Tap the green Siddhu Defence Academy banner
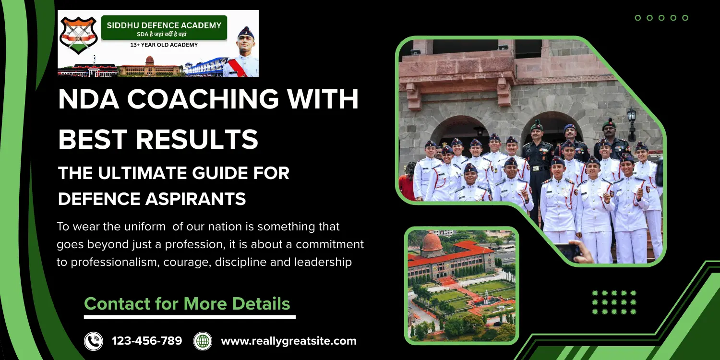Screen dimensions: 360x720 click(x=164, y=28)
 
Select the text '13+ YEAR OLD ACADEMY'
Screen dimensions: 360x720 click(x=164, y=45)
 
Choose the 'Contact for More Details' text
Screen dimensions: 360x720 click(x=187, y=304)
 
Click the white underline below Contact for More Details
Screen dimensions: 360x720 click(x=190, y=317)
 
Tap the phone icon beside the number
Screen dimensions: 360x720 click(x=94, y=341)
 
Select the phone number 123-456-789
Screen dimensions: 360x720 click(x=147, y=341)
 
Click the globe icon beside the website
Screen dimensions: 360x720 click(x=203, y=341)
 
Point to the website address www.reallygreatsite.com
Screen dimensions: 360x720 click(x=288, y=341)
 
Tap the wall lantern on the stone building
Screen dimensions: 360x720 click(x=631, y=118)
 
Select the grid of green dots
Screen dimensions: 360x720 click(x=614, y=302)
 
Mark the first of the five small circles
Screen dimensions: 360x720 click(x=638, y=18)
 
